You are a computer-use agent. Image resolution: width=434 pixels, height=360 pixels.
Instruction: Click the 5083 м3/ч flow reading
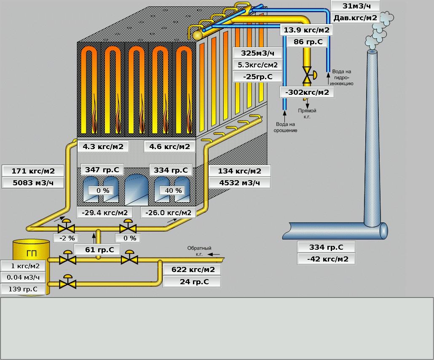(x=33, y=183)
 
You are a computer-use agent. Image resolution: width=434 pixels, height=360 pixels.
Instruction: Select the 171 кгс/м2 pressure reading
(x=33, y=171)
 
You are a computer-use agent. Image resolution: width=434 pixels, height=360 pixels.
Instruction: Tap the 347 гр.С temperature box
(x=102, y=170)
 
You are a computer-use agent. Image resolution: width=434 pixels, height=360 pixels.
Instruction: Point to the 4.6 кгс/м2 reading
(x=169, y=147)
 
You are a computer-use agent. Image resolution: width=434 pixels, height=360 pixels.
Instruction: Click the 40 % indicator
(x=173, y=191)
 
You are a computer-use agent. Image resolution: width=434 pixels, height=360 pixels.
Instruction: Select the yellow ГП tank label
(x=31, y=253)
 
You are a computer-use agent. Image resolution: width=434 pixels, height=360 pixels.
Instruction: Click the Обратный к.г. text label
(x=199, y=251)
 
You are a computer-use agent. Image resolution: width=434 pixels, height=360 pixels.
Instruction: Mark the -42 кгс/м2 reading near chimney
(x=326, y=259)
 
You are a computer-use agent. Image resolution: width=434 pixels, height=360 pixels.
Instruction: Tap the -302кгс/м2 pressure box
(x=307, y=92)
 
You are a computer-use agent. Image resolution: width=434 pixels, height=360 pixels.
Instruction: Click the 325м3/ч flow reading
(x=257, y=53)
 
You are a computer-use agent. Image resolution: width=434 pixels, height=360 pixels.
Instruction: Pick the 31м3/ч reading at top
(x=355, y=5)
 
